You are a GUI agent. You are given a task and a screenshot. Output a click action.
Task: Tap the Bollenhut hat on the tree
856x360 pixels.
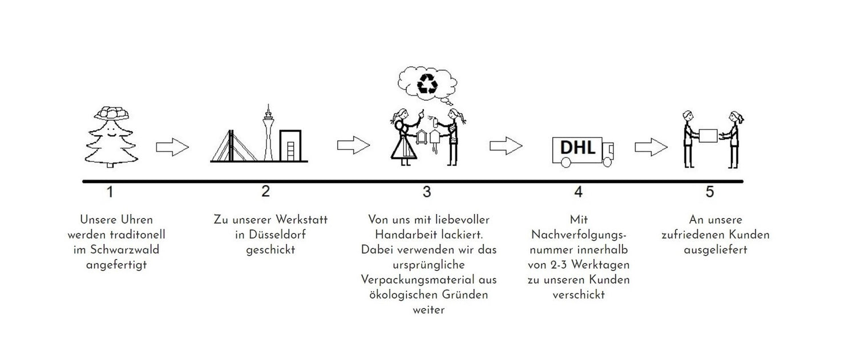112,114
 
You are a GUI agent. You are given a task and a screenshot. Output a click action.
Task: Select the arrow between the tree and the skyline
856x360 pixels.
172,147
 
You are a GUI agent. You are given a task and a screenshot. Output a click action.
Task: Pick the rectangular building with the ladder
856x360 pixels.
290,145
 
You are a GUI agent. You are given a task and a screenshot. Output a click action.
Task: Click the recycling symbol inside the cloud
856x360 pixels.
427,84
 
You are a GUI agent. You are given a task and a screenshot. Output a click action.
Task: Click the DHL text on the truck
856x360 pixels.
578,148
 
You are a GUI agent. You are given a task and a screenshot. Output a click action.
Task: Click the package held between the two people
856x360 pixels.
708,136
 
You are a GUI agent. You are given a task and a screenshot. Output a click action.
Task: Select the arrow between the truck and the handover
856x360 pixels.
651,147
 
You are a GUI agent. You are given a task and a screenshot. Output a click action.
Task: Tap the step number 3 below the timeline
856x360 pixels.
427,192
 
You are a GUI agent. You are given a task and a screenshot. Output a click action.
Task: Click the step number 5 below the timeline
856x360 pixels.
710,192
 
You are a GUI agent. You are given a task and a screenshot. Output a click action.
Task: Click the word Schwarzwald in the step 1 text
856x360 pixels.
124,250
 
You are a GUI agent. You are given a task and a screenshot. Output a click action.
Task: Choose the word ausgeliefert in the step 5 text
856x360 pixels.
716,250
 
